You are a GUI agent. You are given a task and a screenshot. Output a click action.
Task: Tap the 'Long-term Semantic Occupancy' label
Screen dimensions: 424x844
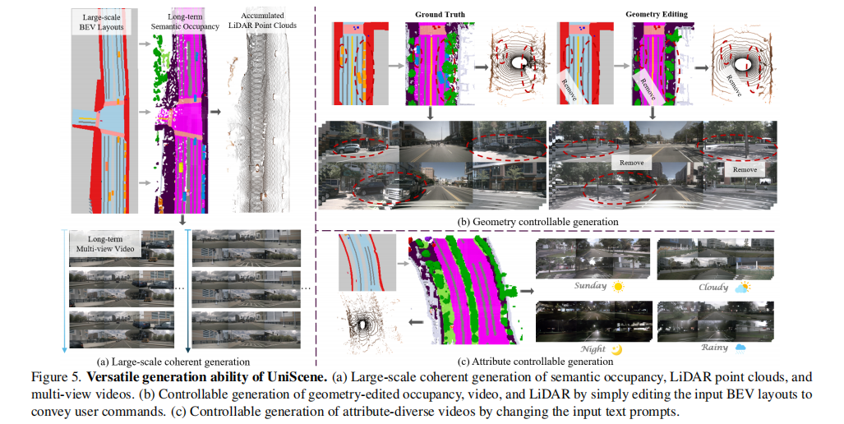coord(180,21)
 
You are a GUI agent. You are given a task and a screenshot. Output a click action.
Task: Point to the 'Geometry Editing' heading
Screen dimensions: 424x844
coord(661,13)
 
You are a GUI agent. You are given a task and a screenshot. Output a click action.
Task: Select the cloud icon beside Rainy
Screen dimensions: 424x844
coord(740,348)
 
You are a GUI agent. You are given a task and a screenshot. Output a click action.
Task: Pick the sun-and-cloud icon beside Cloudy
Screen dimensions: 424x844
coord(744,287)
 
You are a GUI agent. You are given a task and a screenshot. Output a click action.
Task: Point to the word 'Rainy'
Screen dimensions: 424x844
coord(714,348)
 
